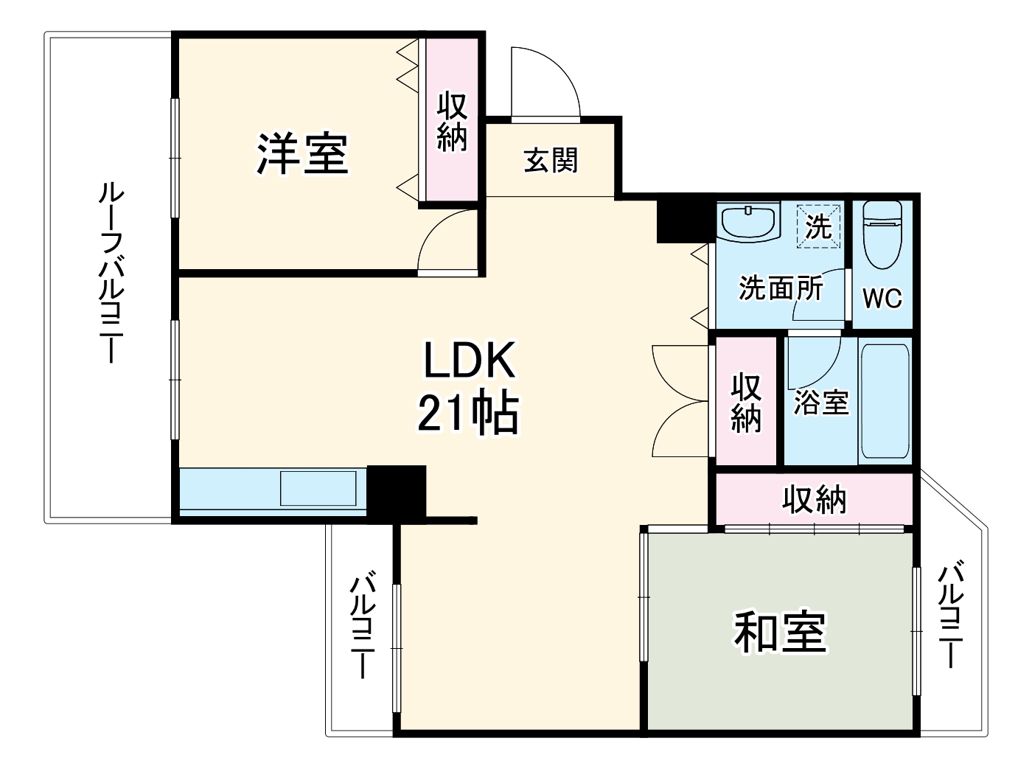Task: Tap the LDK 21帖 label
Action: click(468, 387)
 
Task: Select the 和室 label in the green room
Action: click(780, 633)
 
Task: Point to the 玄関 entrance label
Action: click(551, 160)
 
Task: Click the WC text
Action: click(882, 298)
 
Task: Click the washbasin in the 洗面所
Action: click(749, 221)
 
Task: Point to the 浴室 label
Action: click(820, 402)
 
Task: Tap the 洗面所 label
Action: click(781, 288)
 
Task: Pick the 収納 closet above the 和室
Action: click(814, 500)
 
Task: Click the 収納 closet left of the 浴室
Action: click(746, 402)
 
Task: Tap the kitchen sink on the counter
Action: click(318, 487)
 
